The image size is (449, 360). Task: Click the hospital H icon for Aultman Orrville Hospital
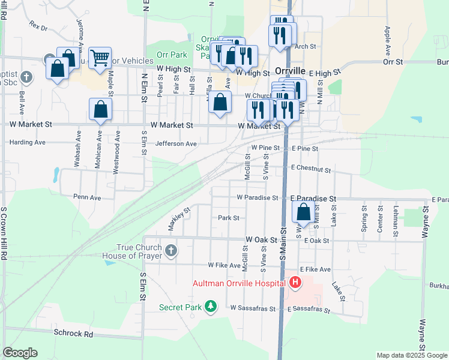click(295, 282)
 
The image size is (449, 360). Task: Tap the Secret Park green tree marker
click(210, 307)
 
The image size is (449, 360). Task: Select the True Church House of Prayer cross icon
click(171, 250)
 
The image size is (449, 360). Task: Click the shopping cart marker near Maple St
click(100, 58)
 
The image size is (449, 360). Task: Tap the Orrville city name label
click(291, 70)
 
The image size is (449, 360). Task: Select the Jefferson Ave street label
click(176, 144)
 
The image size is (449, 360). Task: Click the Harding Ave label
click(28, 143)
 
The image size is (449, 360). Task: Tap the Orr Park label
click(172, 55)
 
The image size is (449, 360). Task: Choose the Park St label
click(229, 218)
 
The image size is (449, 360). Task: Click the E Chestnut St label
click(310, 170)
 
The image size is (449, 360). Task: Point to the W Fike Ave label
click(228, 265)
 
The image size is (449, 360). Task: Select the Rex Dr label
click(38, 26)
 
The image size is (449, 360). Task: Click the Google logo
click(20, 353)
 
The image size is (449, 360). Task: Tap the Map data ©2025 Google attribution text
click(412, 355)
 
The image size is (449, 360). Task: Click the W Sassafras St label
click(253, 308)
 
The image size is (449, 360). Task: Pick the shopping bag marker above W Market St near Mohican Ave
click(100, 109)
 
